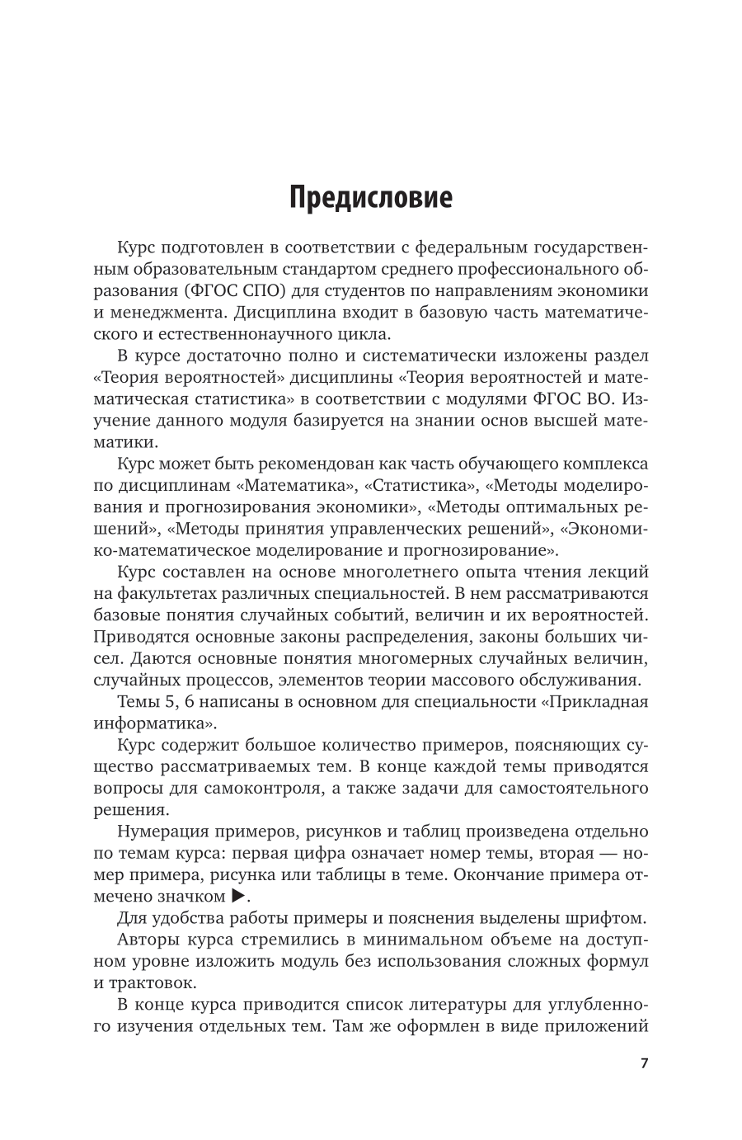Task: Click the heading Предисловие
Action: (370, 199)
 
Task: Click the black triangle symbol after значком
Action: (238, 896)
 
